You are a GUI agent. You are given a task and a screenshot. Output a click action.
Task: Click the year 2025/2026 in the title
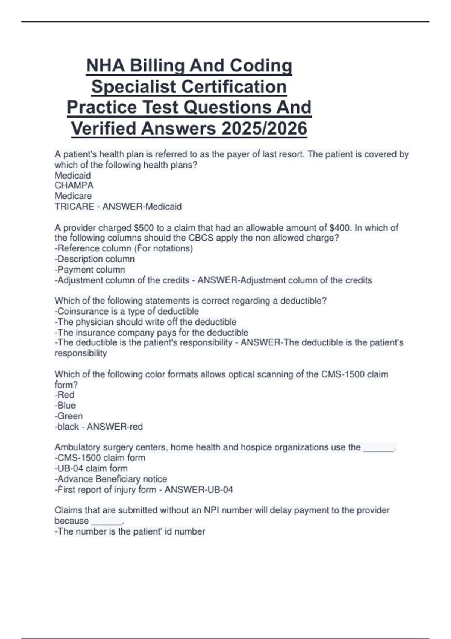pyautogui.click(x=264, y=128)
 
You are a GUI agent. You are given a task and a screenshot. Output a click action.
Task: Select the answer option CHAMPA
pyautogui.click(x=74, y=185)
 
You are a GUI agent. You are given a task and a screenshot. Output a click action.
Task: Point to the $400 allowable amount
pyautogui.click(x=339, y=228)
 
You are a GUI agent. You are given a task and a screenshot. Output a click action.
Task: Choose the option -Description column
pyautogui.click(x=95, y=259)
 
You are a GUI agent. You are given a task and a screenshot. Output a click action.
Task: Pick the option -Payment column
pyautogui.click(x=90, y=270)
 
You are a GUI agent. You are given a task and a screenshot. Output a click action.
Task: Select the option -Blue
pyautogui.click(x=65, y=405)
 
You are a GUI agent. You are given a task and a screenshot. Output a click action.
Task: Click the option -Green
pyautogui.click(x=68, y=416)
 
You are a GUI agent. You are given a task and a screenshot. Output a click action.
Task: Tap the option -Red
pyautogui.click(x=64, y=395)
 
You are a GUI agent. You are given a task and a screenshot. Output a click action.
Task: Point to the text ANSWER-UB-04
pyautogui.click(x=199, y=489)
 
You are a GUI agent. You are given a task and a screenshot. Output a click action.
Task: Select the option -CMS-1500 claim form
pyautogui.click(x=100, y=458)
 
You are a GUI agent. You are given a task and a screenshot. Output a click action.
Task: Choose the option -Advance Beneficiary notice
pyautogui.click(x=111, y=479)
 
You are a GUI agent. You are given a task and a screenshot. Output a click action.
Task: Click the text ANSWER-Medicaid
pyautogui.click(x=142, y=206)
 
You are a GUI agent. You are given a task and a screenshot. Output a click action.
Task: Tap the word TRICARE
pyautogui.click(x=74, y=206)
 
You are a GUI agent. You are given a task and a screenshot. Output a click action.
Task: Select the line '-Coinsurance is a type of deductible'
pyautogui.click(x=127, y=311)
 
